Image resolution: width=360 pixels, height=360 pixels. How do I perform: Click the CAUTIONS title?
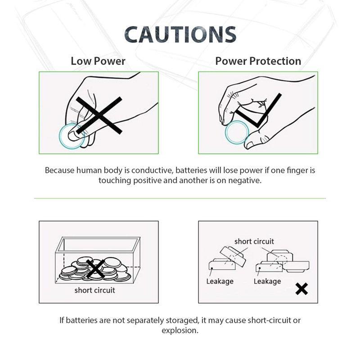click(180, 35)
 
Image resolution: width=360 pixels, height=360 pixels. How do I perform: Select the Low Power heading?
click(98, 61)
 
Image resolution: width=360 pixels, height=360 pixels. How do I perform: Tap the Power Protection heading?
click(258, 61)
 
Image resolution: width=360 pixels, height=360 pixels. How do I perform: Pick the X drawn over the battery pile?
click(95, 269)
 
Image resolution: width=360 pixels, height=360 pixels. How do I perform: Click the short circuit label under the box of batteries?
click(95, 290)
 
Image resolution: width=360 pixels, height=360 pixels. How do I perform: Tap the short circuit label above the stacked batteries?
click(254, 242)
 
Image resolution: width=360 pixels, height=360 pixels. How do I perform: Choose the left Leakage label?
click(220, 281)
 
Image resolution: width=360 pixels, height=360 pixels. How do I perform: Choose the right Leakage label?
click(267, 281)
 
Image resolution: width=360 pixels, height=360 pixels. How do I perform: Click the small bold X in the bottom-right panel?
click(301, 288)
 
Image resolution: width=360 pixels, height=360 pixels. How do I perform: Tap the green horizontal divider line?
click(180, 198)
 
